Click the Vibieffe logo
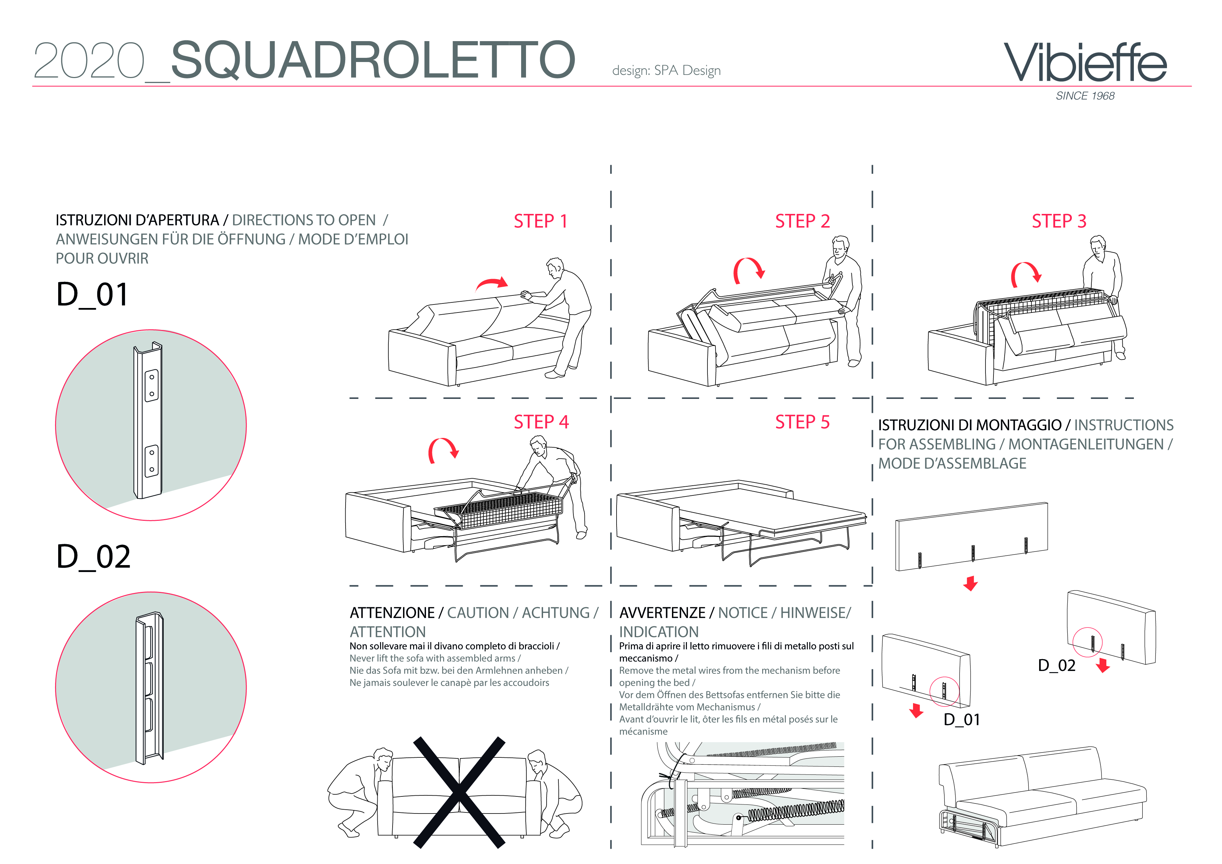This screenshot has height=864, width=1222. click(x=1085, y=63)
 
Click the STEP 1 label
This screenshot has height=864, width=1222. click(x=541, y=221)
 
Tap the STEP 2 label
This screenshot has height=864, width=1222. click(x=803, y=221)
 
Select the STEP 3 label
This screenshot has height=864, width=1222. click(x=1059, y=221)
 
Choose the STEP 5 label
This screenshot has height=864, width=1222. click(x=803, y=422)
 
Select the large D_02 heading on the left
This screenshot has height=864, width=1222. click(x=93, y=557)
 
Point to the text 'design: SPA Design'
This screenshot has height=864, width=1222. click(x=666, y=71)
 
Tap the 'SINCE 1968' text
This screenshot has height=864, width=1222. click(x=1085, y=96)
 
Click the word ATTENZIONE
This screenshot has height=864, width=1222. click(x=392, y=613)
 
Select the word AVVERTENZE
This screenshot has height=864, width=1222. click(x=662, y=613)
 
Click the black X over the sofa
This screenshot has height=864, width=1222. click(x=459, y=793)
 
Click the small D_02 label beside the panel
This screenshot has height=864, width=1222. click(x=1057, y=665)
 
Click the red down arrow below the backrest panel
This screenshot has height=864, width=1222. click(x=970, y=584)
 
